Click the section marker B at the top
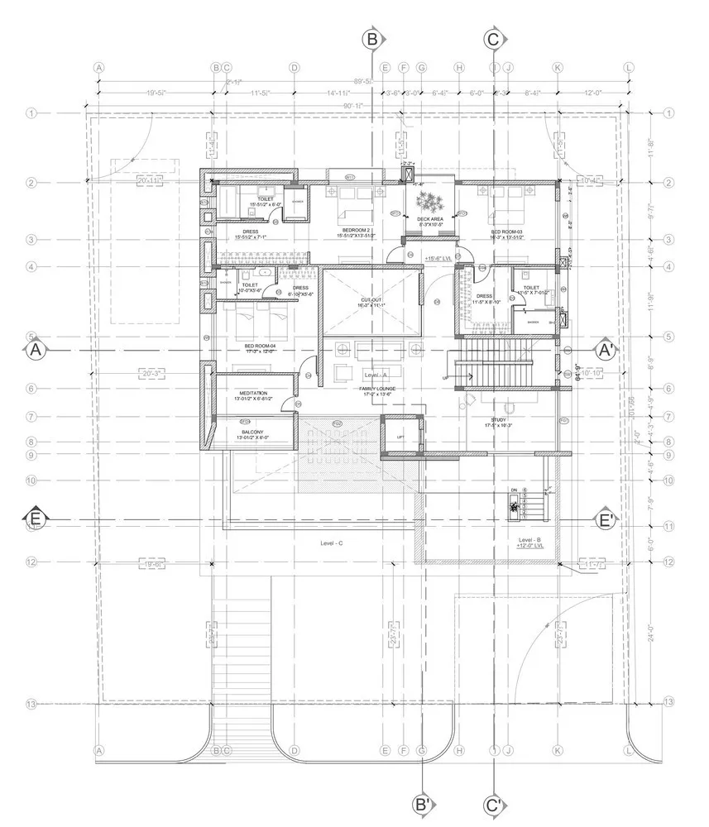pos(372,39)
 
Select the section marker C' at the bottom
pos(493,804)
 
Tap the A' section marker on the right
pos(606,351)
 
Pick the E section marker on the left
pos(35,519)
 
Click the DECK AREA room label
pos(431,219)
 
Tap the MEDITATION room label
pos(252,394)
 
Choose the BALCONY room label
pos(252,433)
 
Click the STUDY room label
pos(498,420)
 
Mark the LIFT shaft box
pos(401,436)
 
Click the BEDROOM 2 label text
pos(356,231)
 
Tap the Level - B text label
pos(526,538)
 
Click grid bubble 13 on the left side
pos(32,704)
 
